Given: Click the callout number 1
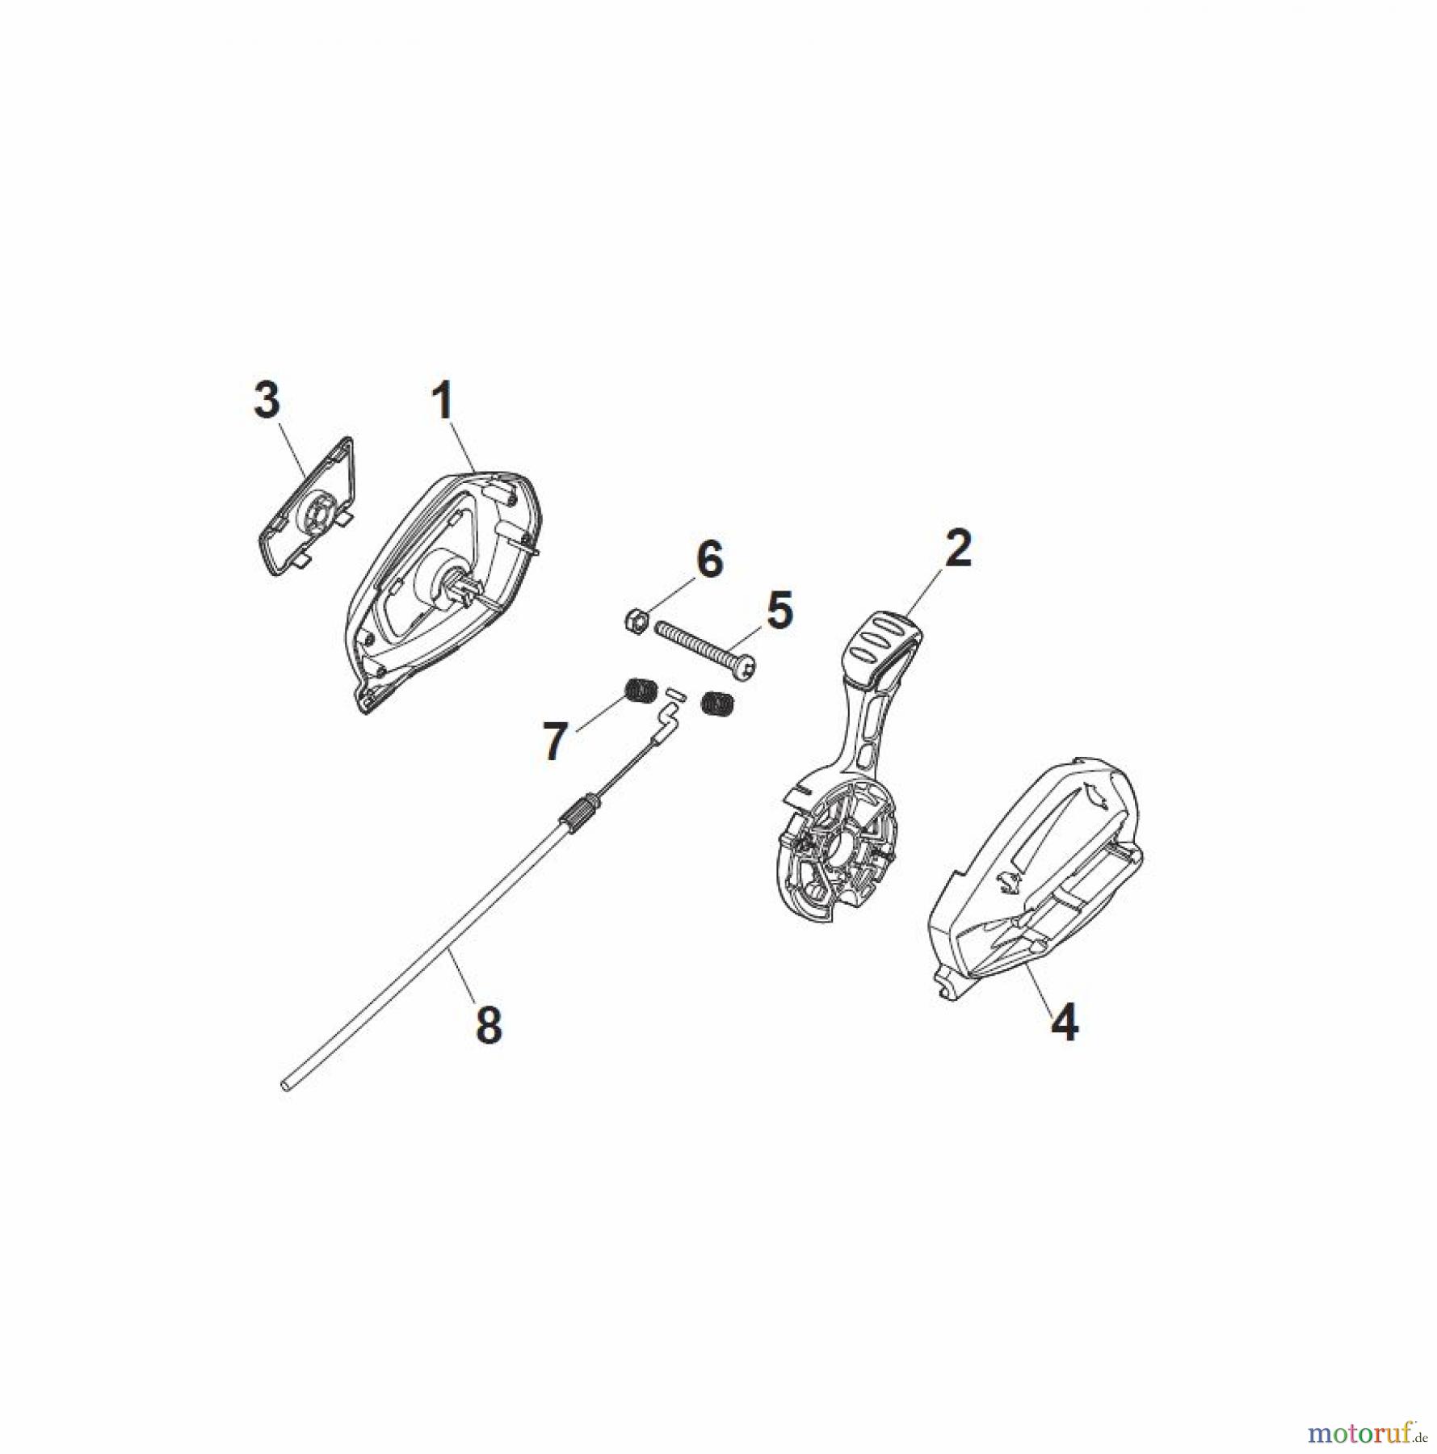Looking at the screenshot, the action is pos(443,401).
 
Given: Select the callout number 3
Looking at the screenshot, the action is pos(267,401).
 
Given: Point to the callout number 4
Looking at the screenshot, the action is pos(1064,1023).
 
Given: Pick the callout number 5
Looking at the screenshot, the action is pos(779,611).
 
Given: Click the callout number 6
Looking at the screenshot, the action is pos(709,559).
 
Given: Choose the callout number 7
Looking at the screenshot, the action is pos(554,742).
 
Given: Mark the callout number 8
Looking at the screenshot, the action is pos(489,1026).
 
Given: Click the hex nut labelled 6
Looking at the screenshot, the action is pos(636,620).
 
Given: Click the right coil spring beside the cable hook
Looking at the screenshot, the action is pos(716,703).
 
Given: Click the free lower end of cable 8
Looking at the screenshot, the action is pos(285,1086).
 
